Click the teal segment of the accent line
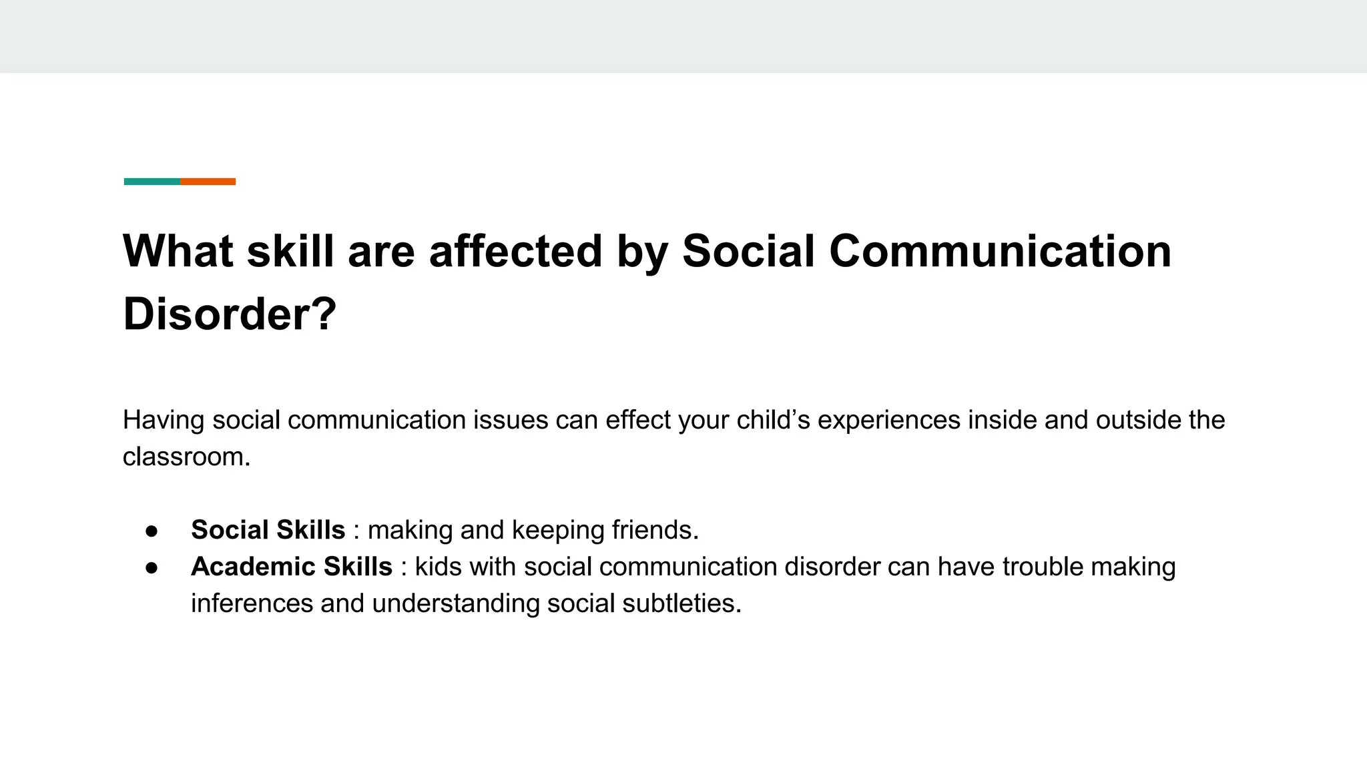click(x=152, y=182)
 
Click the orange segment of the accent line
click(x=208, y=182)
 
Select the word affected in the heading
click(x=515, y=252)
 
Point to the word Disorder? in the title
click(x=230, y=314)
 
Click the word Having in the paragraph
click(x=164, y=421)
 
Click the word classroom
click(x=186, y=457)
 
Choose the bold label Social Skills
click(x=268, y=530)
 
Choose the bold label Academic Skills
click(x=291, y=567)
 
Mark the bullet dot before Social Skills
click(x=152, y=531)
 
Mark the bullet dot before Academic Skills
click(x=152, y=567)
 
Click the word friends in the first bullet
click(x=655, y=530)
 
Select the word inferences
click(x=252, y=603)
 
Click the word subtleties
click(x=681, y=603)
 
